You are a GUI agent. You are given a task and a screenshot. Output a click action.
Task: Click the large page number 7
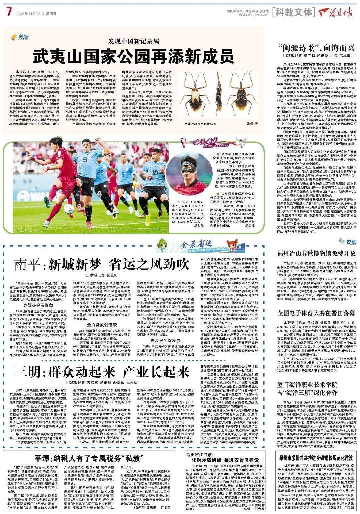[x=9, y=12]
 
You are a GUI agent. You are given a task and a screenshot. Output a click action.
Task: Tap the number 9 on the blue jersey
[x=85, y=160]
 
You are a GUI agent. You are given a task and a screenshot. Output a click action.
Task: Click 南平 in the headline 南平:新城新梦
[x=27, y=264]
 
